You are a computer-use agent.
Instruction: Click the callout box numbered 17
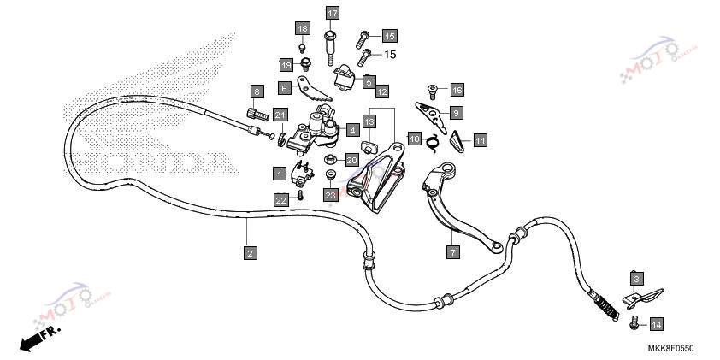pyautogui.click(x=333, y=13)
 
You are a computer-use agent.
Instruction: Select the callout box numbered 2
pyautogui.click(x=251, y=252)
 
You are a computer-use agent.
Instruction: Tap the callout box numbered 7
pyautogui.click(x=452, y=251)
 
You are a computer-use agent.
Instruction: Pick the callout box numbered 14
pyautogui.click(x=657, y=325)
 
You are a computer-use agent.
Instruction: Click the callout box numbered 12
pyautogui.click(x=382, y=91)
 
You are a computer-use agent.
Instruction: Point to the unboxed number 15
pyautogui.click(x=390, y=55)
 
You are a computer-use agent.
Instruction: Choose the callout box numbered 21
pyautogui.click(x=280, y=115)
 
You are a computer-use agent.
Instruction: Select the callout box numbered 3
pyautogui.click(x=636, y=278)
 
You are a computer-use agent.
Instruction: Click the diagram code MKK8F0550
pyautogui.click(x=671, y=348)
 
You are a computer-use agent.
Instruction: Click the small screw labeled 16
pyautogui.click(x=432, y=91)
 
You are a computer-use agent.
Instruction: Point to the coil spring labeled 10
pyautogui.click(x=432, y=141)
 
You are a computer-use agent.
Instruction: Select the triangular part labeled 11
pyautogui.click(x=457, y=141)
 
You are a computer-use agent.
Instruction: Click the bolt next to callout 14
pyautogui.click(x=634, y=323)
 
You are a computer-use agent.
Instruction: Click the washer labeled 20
pyautogui.click(x=329, y=159)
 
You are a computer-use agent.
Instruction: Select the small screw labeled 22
pyautogui.click(x=300, y=195)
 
